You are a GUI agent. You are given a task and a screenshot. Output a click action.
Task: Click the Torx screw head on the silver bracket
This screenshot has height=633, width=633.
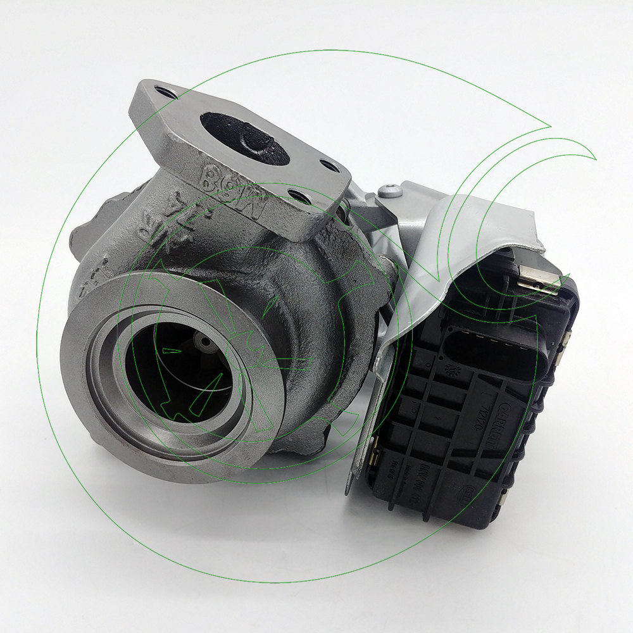pos(389,189)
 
